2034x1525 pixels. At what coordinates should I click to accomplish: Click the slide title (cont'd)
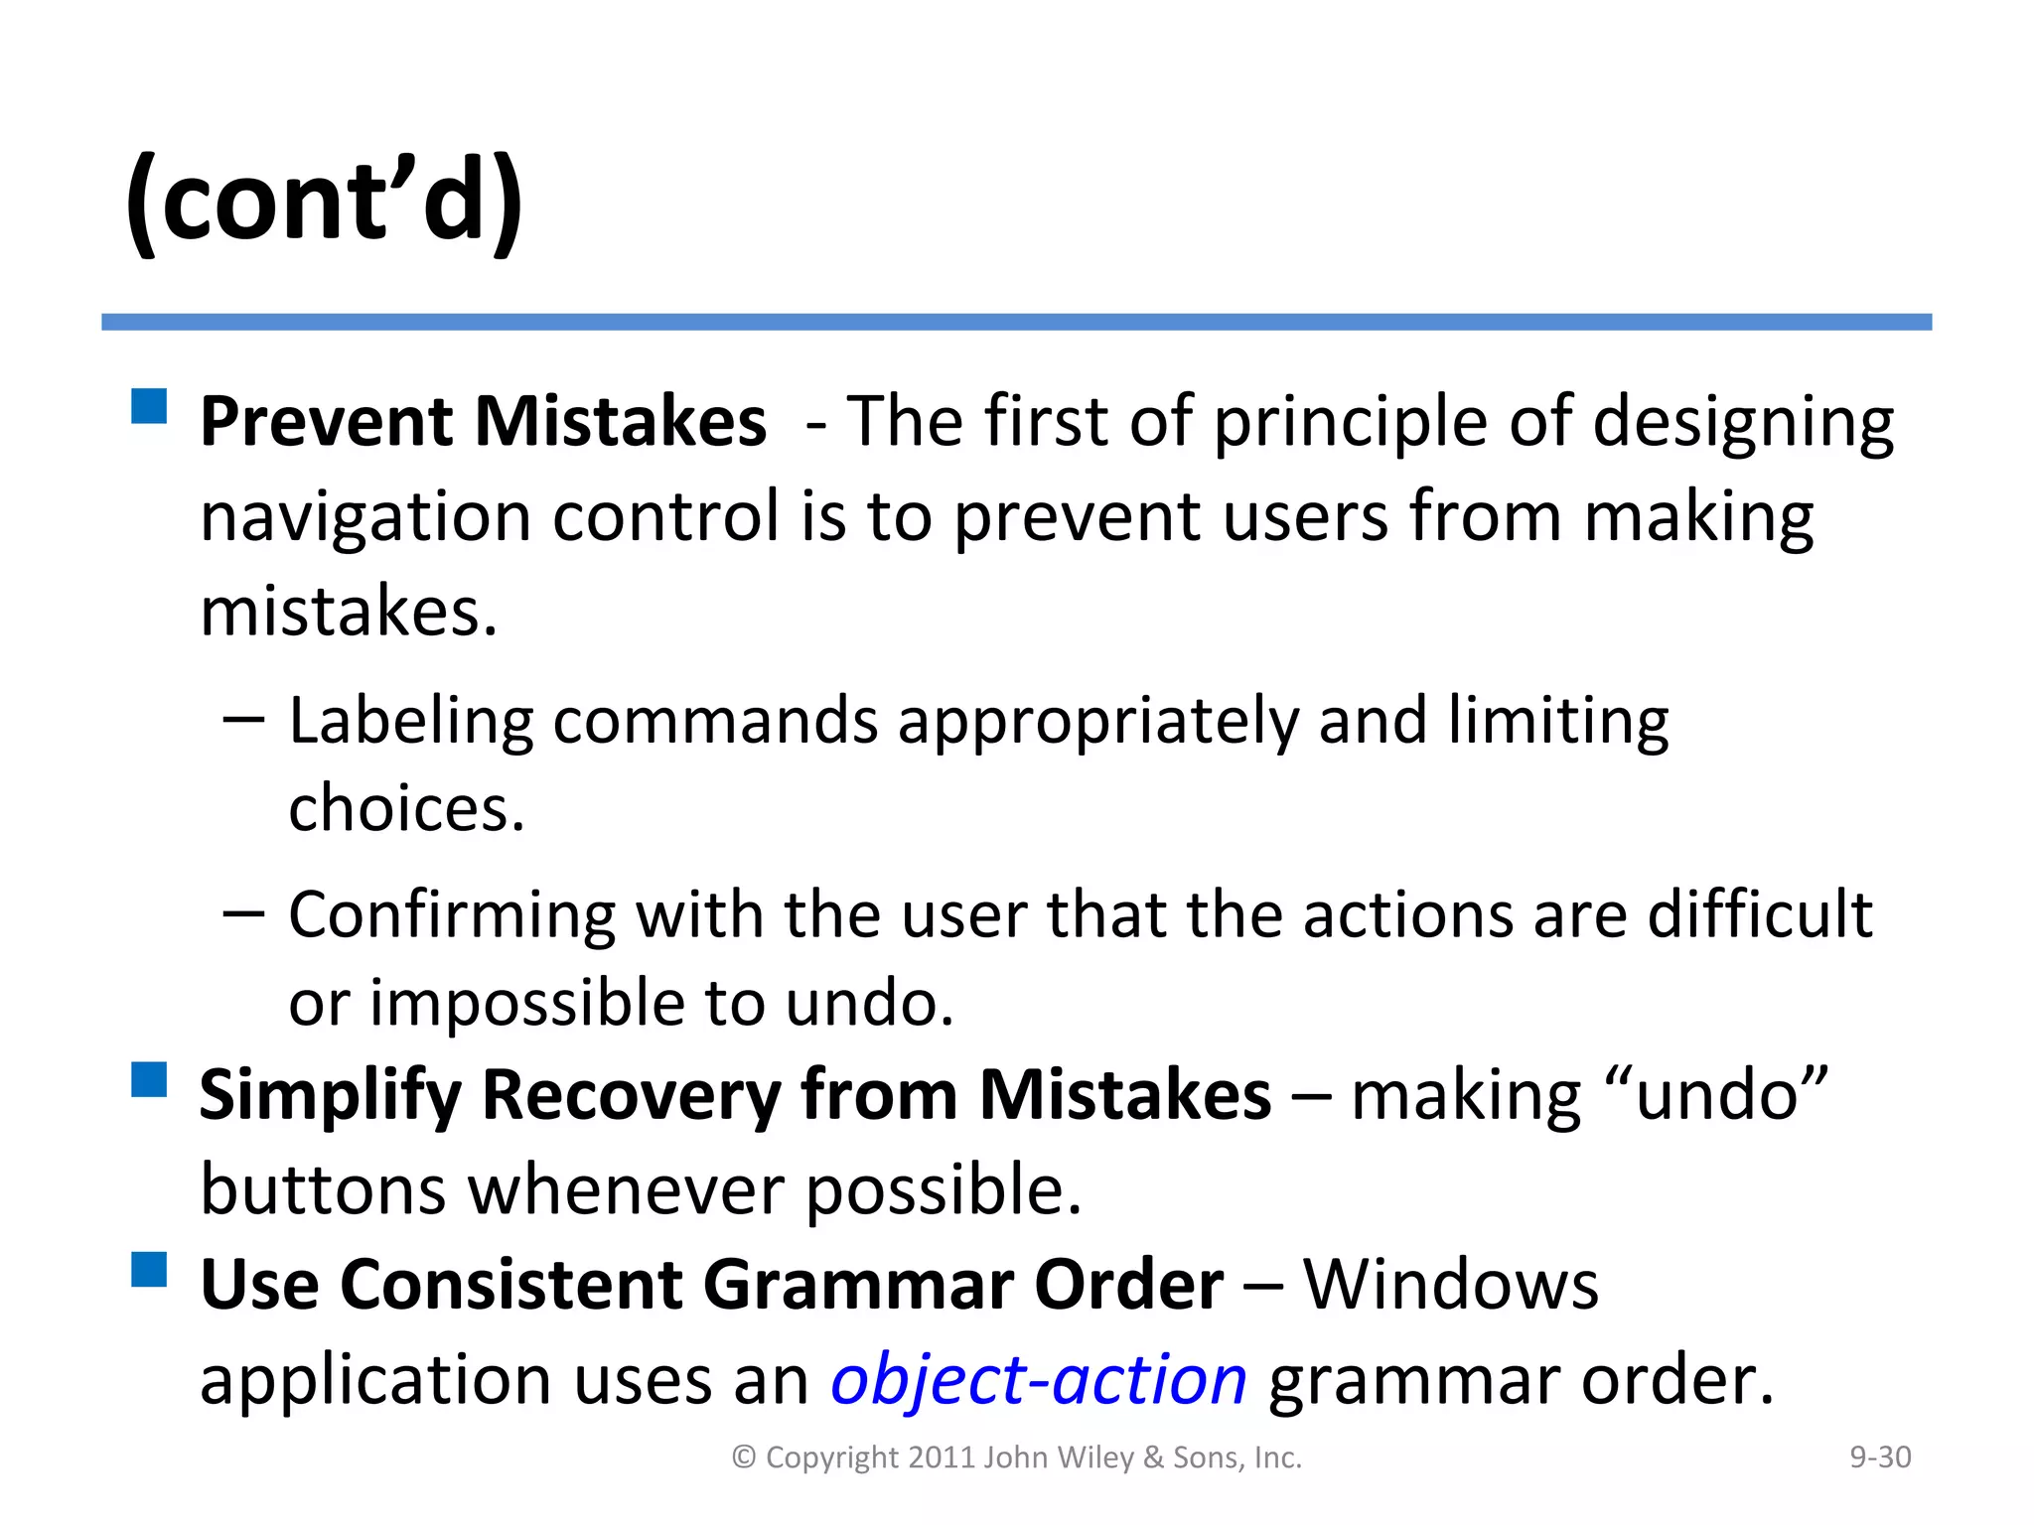(x=324, y=202)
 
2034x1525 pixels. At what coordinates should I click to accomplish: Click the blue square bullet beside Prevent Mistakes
(x=149, y=406)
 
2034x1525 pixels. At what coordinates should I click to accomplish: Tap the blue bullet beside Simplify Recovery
(x=149, y=1079)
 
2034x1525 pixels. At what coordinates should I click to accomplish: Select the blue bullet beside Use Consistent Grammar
(x=149, y=1269)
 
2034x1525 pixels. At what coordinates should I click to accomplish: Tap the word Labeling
(x=410, y=721)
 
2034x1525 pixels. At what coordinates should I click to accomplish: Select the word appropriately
(x=1097, y=723)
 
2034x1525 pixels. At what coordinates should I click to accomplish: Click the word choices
(x=405, y=808)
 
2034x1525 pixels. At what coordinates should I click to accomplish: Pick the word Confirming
(x=451, y=915)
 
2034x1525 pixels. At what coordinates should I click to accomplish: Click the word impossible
(x=526, y=1003)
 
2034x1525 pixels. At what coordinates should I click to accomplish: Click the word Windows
(x=1450, y=1285)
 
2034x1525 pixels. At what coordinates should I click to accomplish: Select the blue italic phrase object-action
(x=1038, y=1380)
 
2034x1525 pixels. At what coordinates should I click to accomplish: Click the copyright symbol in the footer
(x=744, y=1457)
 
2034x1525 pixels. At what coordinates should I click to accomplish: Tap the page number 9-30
(x=1880, y=1457)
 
